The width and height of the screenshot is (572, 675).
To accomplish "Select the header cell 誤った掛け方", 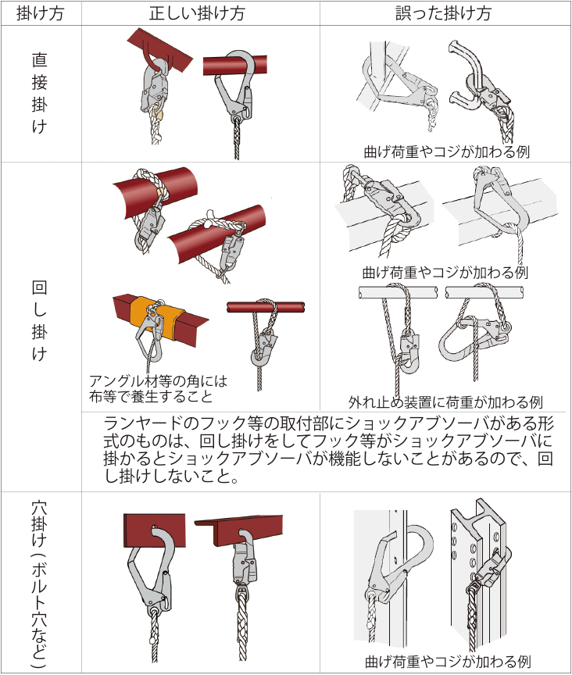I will pyautogui.click(x=445, y=12).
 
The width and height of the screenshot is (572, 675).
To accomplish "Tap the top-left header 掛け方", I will pyautogui.click(x=39, y=12).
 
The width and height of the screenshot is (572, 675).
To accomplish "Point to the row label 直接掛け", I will pyautogui.click(x=39, y=94).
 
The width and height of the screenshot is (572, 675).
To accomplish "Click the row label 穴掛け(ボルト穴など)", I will pyautogui.click(x=39, y=583).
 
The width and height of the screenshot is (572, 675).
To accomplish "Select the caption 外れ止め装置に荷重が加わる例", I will pyautogui.click(x=445, y=402).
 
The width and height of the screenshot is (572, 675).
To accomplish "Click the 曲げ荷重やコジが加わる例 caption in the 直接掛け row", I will pyautogui.click(x=446, y=151).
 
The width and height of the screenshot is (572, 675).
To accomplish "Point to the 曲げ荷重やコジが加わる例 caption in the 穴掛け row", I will pyautogui.click(x=446, y=661).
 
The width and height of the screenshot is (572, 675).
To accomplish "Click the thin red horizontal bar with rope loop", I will pyautogui.click(x=266, y=306).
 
